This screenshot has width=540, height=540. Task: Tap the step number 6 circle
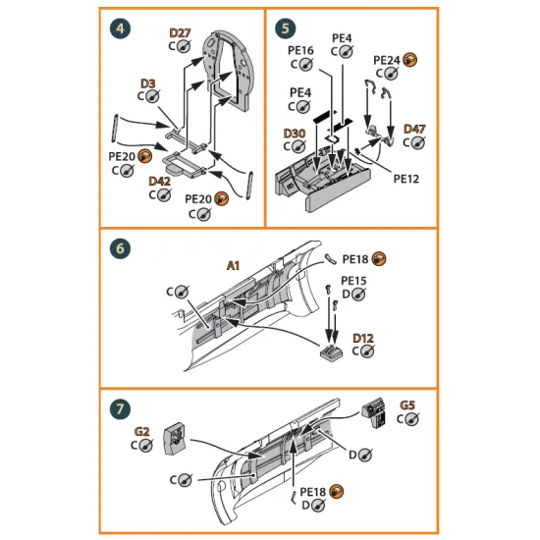(x=120, y=248)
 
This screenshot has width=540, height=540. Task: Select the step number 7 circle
(x=120, y=406)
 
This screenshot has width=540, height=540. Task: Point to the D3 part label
(x=147, y=84)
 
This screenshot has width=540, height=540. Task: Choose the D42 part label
(x=159, y=182)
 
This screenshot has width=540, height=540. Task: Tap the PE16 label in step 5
(x=300, y=50)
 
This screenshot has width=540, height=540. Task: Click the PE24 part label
(x=386, y=59)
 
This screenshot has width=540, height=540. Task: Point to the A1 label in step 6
(x=234, y=265)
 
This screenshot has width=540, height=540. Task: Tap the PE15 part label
(x=353, y=281)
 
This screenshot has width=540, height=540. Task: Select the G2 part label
(x=141, y=431)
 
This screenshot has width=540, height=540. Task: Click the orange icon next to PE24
(x=409, y=59)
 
